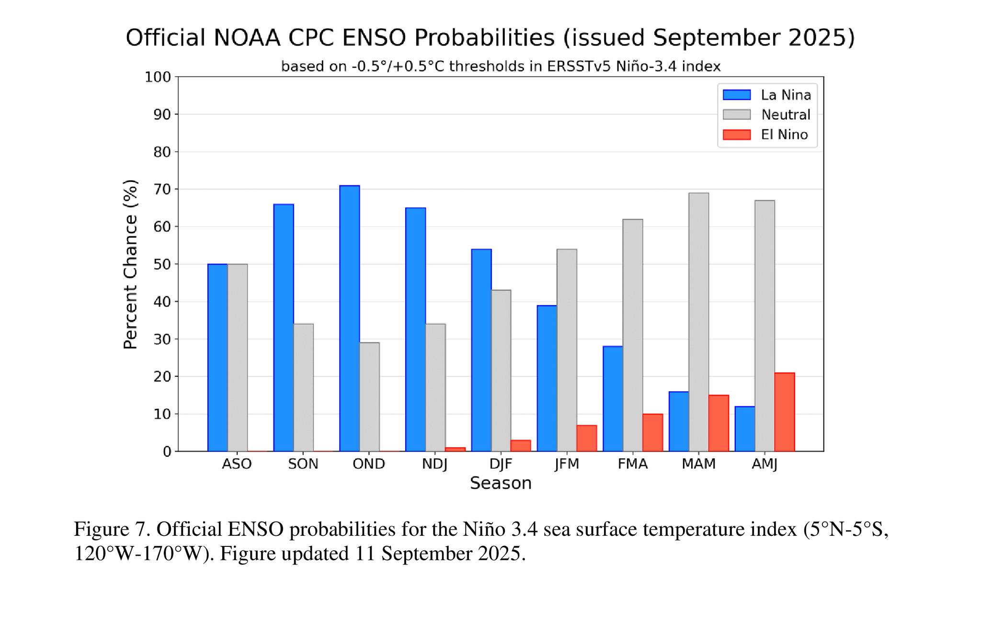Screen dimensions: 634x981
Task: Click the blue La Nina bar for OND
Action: [x=349, y=318]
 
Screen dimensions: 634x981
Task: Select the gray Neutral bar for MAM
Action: [x=698, y=322]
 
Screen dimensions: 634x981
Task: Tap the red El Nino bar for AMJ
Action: [x=784, y=412]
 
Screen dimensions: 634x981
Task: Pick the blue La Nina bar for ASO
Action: [x=217, y=357]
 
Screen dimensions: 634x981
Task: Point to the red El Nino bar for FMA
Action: [x=652, y=432]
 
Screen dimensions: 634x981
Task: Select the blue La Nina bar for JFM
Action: [x=547, y=378]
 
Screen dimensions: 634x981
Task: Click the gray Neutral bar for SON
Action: [x=303, y=387]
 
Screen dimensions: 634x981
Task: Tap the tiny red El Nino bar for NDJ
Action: [x=455, y=449]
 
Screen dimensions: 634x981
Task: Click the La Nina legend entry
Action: [x=786, y=95]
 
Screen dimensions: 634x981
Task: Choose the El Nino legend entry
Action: [x=784, y=135]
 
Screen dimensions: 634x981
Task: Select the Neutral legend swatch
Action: [x=736, y=115]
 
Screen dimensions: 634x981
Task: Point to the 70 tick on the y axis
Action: [x=162, y=190]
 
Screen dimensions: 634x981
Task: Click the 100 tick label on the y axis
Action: [x=158, y=77]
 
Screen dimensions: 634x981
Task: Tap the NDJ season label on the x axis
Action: [x=434, y=464]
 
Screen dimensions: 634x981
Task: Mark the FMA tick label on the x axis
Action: [x=632, y=464]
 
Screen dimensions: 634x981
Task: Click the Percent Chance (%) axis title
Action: [x=130, y=264]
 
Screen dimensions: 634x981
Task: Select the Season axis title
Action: [x=501, y=483]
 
